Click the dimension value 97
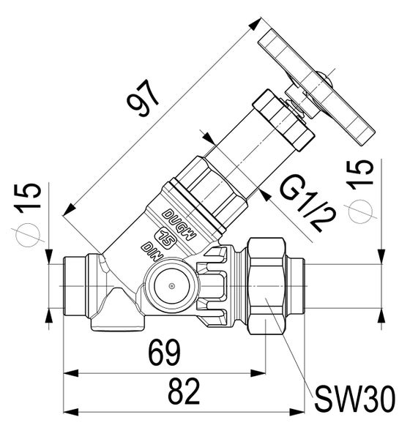(144, 98)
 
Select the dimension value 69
(164, 353)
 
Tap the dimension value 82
(184, 391)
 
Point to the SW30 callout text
(355, 399)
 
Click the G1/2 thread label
(307, 203)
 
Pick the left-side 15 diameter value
(28, 198)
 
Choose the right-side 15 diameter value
(359, 174)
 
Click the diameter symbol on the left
(28, 235)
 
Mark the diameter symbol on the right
(360, 211)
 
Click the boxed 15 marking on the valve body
(167, 238)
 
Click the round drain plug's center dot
(172, 286)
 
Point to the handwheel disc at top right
(316, 87)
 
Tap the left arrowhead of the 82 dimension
(71, 412)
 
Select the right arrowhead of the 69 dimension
(258, 373)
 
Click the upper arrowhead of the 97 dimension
(255, 24)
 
